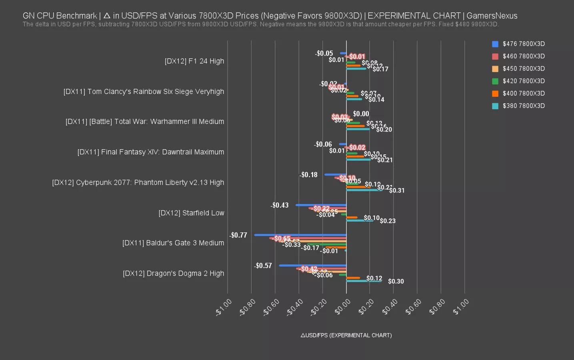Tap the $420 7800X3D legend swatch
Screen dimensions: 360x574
coord(495,81)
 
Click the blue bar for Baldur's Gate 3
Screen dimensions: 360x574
coord(300,235)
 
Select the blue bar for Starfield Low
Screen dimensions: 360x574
coord(321,205)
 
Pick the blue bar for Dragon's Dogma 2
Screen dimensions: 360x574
coord(312,266)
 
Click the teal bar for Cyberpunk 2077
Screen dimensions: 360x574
coord(364,190)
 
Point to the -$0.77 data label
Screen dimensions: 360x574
coord(238,235)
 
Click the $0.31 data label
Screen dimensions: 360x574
coord(397,190)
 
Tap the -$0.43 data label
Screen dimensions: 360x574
coord(280,205)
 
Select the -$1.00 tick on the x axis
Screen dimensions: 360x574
coord(224,307)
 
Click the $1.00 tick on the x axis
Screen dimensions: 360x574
coord(461,307)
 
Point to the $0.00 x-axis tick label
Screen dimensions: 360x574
coord(343,307)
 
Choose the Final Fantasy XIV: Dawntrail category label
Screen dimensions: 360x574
coord(150,152)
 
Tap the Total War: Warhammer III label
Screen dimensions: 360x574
coord(144,122)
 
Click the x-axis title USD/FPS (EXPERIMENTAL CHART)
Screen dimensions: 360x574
coord(346,335)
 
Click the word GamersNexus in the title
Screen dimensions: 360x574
coord(492,16)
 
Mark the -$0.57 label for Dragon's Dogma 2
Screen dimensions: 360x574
coord(263,266)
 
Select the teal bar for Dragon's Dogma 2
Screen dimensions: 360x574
coord(364,281)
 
